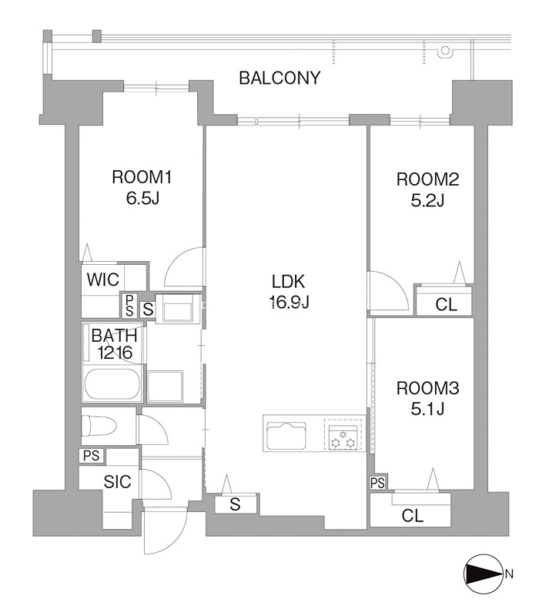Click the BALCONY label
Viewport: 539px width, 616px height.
point(280,78)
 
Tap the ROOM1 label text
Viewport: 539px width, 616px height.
point(142,177)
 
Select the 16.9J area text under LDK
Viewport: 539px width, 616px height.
point(290,302)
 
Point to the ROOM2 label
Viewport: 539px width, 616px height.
point(427,179)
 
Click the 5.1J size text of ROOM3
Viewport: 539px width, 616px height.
point(427,409)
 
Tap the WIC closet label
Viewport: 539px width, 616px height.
point(103,280)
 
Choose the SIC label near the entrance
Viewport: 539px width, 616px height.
point(117,482)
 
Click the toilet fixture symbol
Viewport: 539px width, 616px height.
point(99,426)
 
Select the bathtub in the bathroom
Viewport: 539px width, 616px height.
point(112,383)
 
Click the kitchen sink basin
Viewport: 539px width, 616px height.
point(286,436)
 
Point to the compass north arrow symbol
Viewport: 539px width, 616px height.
point(484,574)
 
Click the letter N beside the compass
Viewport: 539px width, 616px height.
point(509,574)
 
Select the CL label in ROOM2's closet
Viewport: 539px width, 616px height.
point(447,305)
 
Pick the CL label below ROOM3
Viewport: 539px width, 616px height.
point(413,516)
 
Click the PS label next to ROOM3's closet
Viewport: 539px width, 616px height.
point(377,484)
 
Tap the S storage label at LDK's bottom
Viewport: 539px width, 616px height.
point(235,504)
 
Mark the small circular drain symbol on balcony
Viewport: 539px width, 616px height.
point(445,50)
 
